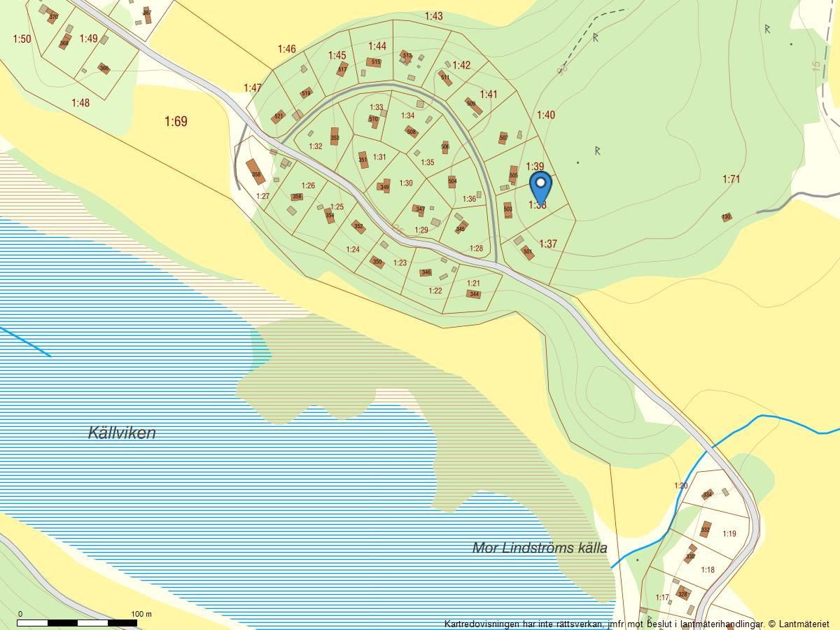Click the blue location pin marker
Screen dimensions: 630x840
[540, 185]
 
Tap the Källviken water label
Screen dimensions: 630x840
[122, 433]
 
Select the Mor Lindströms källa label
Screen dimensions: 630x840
[540, 547]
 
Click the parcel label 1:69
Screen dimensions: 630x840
[176, 122]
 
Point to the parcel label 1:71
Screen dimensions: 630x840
[731, 180]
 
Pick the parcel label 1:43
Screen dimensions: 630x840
[433, 16]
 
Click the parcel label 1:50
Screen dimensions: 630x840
[22, 38]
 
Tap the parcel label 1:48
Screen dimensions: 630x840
[80, 103]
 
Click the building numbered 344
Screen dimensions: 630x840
[475, 294]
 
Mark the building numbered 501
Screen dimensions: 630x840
[528, 251]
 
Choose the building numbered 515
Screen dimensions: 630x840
[374, 62]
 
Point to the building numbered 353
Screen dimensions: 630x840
[335, 136]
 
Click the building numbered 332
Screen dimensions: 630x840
[705, 529]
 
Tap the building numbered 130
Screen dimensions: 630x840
[727, 217]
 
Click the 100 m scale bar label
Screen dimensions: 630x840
[141, 614]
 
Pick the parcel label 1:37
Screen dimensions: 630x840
[548, 244]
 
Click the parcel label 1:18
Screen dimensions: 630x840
[708, 570]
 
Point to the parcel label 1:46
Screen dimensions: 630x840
[286, 49]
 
